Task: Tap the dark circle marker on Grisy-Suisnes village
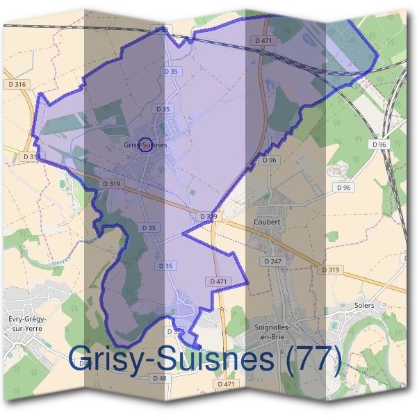coord(145,145)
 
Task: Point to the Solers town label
coord(363,305)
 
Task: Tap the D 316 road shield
coord(19,85)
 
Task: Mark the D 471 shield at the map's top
coord(263,41)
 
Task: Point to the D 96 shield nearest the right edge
coord(379,144)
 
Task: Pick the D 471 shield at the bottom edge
coord(226,384)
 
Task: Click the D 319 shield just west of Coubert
coord(208,217)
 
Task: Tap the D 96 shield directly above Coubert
coord(270,160)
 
